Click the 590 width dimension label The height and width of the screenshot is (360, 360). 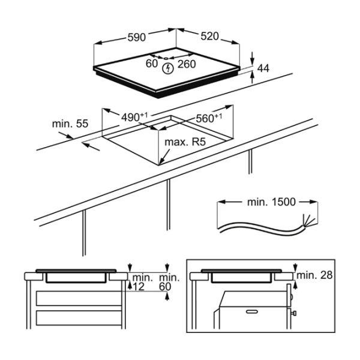(x=137, y=37)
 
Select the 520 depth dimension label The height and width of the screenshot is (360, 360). (x=210, y=36)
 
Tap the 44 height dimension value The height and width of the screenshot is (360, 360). (x=263, y=68)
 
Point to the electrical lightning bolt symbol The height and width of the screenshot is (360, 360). (x=168, y=68)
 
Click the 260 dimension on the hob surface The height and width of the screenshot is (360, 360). (x=187, y=64)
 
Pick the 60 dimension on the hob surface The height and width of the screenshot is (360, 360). (x=152, y=64)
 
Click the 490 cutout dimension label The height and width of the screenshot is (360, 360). (x=134, y=117)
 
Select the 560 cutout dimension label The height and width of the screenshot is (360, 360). (x=209, y=118)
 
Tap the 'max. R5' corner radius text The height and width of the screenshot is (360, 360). (x=185, y=142)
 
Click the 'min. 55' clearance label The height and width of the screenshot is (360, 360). (x=70, y=124)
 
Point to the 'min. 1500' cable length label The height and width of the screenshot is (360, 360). (x=271, y=202)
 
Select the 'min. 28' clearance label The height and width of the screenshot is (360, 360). (x=314, y=275)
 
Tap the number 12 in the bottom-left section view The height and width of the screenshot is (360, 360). (x=139, y=287)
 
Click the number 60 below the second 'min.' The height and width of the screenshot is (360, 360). (x=165, y=287)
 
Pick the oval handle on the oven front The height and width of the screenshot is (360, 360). (x=252, y=311)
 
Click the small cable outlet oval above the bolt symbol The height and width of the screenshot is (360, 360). (x=166, y=58)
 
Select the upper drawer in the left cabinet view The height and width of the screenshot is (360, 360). (x=79, y=298)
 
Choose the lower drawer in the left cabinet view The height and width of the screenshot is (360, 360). (x=79, y=318)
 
